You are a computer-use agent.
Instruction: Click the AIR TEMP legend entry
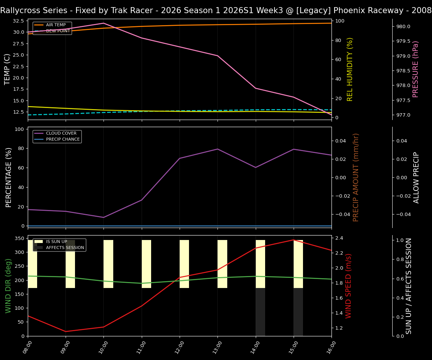point(55,25)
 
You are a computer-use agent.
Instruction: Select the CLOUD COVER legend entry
point(61,133)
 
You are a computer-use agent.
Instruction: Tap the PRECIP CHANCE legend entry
point(63,139)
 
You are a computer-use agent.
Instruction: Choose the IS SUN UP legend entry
point(56,242)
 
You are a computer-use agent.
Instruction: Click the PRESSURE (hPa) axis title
point(415,69)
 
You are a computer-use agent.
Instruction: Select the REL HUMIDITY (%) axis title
point(350,69)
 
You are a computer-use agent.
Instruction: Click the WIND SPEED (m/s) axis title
point(349,286)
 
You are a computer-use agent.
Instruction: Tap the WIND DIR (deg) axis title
point(8,286)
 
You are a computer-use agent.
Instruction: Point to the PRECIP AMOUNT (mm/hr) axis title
point(356,177)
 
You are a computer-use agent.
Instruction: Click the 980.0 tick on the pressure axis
point(403,27)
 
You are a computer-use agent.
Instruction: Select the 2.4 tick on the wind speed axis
point(339,238)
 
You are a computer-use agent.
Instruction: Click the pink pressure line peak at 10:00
point(104,23)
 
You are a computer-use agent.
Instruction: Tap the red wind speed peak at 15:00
point(294,240)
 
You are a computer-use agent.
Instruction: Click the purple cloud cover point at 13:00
point(217,149)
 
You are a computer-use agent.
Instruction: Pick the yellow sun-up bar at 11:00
point(146,264)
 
